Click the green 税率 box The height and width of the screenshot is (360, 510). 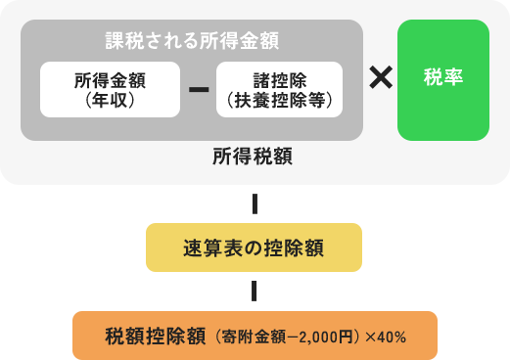tap(442, 80)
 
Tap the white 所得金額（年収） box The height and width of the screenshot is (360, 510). tap(110, 90)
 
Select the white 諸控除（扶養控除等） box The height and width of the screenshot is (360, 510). tap(279, 90)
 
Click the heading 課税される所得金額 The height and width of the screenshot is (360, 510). tap(192, 41)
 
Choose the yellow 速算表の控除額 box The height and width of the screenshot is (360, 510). tap(254, 247)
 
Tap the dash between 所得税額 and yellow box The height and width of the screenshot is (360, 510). tap(254, 204)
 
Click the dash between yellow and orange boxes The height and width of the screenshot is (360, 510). tap(254, 292)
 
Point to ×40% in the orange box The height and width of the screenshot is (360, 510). tap(385, 337)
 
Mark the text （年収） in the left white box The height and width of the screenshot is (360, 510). tap(110, 100)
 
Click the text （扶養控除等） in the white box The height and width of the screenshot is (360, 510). tap(279, 100)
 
